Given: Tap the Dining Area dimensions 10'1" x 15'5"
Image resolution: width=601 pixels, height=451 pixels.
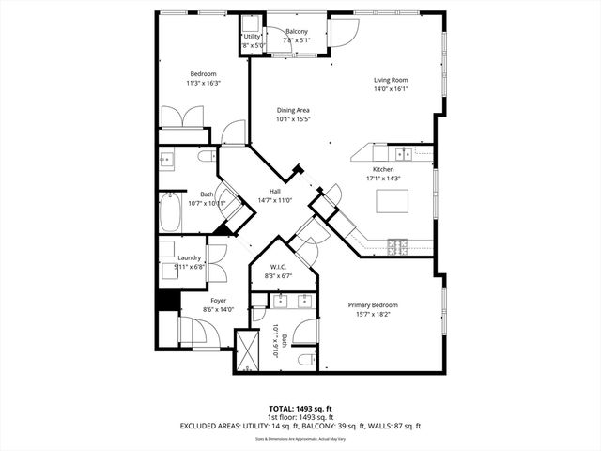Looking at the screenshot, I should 293,119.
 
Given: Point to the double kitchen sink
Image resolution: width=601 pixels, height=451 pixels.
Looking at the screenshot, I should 402,154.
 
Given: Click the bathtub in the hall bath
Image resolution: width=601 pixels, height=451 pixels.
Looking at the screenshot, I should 171,212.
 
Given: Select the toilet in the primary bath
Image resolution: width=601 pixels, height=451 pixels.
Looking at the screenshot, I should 305,360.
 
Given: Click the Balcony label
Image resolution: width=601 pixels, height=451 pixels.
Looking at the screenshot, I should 298,32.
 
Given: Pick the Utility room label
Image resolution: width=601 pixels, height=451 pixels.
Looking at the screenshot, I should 253,37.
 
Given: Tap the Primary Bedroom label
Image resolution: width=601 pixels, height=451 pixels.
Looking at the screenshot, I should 373,305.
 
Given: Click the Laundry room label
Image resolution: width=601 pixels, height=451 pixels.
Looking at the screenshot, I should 190,258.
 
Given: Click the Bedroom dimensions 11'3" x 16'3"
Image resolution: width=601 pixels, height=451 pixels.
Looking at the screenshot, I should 204,83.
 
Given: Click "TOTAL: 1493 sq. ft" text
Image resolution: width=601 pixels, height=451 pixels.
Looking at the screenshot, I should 300,409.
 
